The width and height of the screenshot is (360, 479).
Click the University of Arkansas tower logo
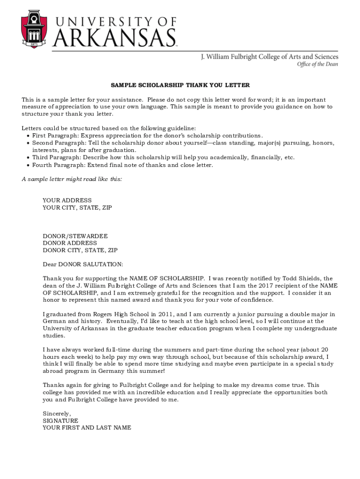click(34, 29)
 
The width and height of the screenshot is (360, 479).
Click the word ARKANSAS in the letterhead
click(115, 37)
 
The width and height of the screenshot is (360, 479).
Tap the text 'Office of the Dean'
click(317, 65)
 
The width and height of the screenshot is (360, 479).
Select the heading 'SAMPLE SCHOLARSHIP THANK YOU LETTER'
click(180, 85)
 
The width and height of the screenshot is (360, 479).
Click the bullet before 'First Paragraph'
click(28, 136)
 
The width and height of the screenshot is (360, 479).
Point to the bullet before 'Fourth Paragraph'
click(28, 165)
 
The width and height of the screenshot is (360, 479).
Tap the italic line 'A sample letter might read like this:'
click(72, 179)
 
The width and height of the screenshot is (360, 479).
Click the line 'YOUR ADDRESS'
click(67, 200)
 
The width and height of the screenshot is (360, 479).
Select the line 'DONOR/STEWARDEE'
click(75, 236)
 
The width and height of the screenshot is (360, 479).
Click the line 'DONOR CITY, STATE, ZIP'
click(80, 250)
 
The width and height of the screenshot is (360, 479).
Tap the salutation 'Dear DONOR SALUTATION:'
click(83, 264)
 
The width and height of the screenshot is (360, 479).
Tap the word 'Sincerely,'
click(57, 414)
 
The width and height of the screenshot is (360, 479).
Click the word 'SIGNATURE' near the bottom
click(60, 421)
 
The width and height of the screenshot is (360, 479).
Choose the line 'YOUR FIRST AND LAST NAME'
click(87, 428)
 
